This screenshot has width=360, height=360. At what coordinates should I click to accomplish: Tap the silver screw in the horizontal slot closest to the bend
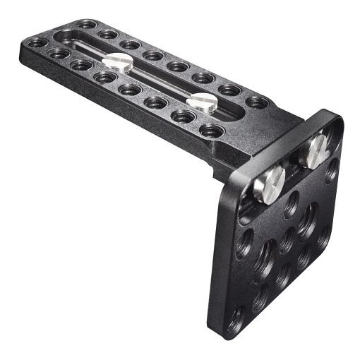201,101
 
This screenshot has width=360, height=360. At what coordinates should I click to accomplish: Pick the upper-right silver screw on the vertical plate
313,152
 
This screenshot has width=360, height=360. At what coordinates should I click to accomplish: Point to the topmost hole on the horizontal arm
88,25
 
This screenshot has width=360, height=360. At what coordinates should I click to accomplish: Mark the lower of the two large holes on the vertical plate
265,254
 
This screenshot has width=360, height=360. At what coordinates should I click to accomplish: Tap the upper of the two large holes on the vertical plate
306,220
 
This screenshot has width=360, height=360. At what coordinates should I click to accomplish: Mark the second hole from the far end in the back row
107,34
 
